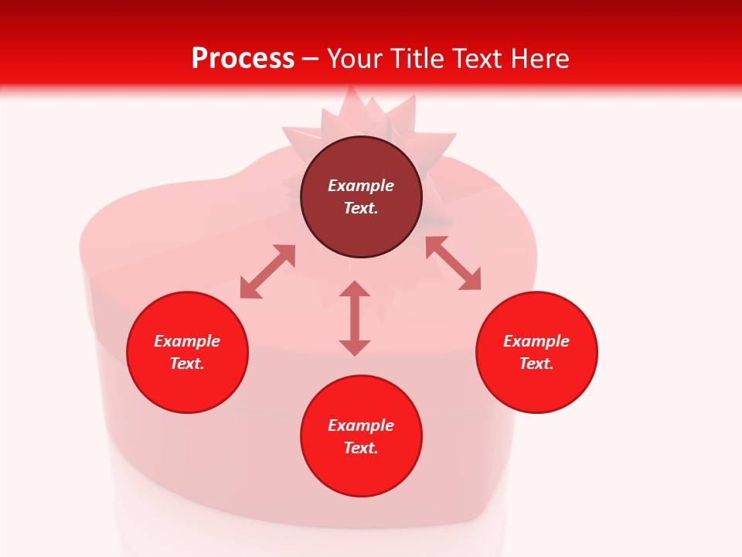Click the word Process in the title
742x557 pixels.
[243, 59]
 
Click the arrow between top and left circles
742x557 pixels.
[267, 272]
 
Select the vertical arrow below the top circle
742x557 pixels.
[355, 318]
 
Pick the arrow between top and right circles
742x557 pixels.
[453, 263]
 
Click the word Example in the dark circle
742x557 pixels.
[361, 186]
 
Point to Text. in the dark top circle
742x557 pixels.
[361, 208]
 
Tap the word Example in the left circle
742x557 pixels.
[187, 341]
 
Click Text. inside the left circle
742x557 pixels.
[187, 364]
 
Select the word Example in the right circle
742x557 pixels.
[536, 341]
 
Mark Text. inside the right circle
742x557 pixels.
[536, 364]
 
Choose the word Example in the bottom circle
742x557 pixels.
[361, 425]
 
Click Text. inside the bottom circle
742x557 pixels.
[361, 448]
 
